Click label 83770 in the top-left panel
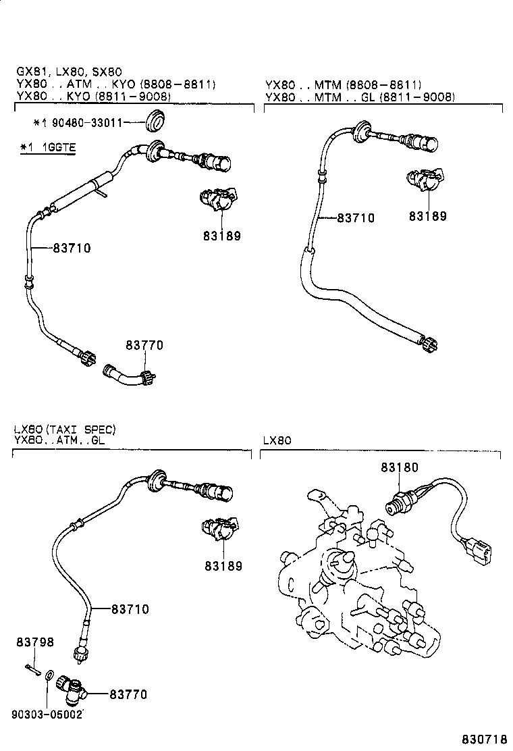144,345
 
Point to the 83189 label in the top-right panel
428,216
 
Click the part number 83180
399,467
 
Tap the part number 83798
35,642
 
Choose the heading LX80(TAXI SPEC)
64,429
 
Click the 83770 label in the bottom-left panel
128,694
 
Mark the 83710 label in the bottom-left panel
130,609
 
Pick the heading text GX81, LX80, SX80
70,72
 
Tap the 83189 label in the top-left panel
222,236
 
